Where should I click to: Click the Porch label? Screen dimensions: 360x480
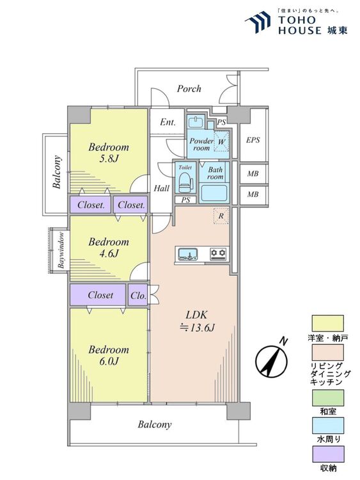point(189,89)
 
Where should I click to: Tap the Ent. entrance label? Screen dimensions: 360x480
point(168,122)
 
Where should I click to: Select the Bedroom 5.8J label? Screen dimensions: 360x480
point(109,153)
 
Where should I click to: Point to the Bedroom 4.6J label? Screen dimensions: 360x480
point(109,248)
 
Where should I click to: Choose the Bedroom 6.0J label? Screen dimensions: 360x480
point(109,355)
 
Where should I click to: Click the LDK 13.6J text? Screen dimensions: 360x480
point(197,321)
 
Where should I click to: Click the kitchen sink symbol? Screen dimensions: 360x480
point(188,254)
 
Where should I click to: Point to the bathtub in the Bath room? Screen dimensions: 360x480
point(214,193)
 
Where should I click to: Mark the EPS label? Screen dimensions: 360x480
point(253,140)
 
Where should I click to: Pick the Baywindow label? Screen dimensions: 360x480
point(61,250)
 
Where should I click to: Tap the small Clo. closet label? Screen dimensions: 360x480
point(138,296)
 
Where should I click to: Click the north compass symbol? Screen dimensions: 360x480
point(272,360)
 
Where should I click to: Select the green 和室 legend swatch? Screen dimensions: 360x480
point(327,397)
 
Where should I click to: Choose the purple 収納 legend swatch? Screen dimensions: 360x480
point(327,454)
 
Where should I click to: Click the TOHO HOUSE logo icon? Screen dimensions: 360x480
point(258,22)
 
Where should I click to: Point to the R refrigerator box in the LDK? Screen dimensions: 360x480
point(221,216)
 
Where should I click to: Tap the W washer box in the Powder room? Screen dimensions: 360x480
point(221,141)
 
